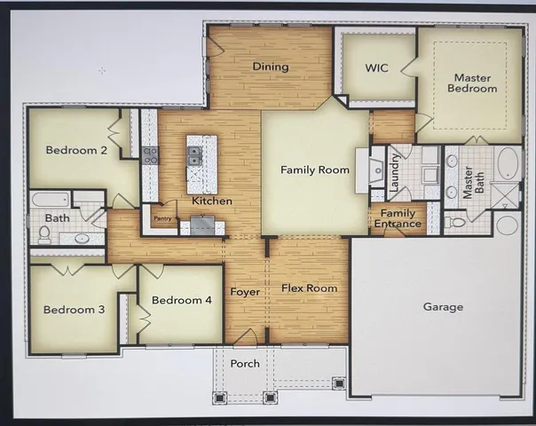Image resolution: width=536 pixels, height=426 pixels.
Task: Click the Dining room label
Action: [x=271, y=67]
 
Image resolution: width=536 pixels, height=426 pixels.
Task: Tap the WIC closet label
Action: [x=378, y=67]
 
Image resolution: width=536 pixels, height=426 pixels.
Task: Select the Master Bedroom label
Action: [x=471, y=83]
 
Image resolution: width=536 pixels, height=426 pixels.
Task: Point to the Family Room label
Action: [x=315, y=170]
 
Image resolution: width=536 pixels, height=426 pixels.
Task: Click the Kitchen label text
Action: [x=212, y=201]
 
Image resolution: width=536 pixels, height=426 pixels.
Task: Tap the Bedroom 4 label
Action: [x=181, y=300]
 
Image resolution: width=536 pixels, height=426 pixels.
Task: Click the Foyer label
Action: [x=244, y=292]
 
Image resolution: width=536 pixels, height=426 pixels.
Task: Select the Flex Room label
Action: [x=310, y=288]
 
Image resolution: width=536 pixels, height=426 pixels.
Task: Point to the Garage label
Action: [x=443, y=307]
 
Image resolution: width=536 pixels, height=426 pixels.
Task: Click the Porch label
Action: [x=245, y=364]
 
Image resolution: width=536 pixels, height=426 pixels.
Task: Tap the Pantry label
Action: [x=162, y=217]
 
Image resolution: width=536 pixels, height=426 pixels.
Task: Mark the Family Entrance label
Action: [x=398, y=218]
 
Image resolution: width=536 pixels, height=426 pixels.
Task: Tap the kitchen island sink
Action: [x=194, y=157]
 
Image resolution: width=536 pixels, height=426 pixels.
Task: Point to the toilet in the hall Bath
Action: [x=44, y=235]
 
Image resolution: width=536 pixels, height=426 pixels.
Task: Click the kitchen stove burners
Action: [x=150, y=157]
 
